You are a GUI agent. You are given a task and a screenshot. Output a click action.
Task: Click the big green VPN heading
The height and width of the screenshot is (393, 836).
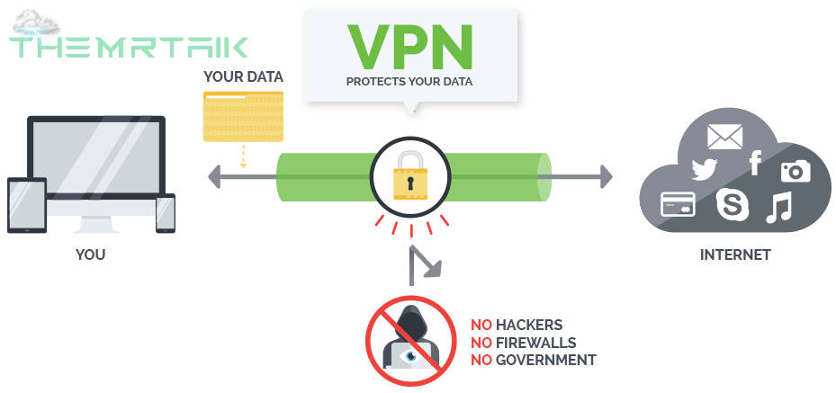click(x=410, y=47)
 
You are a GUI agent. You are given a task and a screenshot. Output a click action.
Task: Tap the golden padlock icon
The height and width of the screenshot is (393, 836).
click(x=410, y=175)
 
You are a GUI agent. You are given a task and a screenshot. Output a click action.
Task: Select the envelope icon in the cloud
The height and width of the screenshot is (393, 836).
click(x=724, y=137)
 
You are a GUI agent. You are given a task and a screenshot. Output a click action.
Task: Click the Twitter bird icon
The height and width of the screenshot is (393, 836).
click(x=705, y=169)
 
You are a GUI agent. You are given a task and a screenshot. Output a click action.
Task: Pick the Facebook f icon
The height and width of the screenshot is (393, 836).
click(x=755, y=163)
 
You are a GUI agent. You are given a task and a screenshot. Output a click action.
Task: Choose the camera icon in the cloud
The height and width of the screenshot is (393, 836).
click(x=796, y=171)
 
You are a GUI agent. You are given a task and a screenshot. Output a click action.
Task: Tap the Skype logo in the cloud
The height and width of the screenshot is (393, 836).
click(x=733, y=204)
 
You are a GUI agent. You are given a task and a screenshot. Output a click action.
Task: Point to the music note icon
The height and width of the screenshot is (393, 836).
click(x=779, y=207)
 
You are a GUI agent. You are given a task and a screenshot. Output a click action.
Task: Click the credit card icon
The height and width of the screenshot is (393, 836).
click(x=678, y=204)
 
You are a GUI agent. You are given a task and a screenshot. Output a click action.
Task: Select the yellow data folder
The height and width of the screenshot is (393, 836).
click(x=243, y=117)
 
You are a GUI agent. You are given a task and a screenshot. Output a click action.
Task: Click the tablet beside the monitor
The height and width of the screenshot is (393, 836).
click(x=27, y=205)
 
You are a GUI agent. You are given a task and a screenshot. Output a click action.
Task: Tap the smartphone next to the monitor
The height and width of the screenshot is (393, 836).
click(x=166, y=213)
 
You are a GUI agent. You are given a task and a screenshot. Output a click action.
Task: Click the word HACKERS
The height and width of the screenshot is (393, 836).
click(x=529, y=325)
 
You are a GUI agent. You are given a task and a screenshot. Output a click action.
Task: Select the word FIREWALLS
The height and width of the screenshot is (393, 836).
click(x=535, y=342)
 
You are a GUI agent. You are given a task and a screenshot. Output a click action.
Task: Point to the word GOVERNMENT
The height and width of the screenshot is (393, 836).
click(x=546, y=360)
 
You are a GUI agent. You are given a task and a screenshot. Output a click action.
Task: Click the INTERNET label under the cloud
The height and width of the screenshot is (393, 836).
click(x=735, y=255)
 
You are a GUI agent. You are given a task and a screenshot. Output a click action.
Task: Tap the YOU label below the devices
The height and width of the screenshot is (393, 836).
click(x=91, y=255)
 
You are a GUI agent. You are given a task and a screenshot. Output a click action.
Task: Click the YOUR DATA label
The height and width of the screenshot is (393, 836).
click(x=243, y=77)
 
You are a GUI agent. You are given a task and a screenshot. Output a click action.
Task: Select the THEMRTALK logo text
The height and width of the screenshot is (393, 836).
click(x=129, y=47)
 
